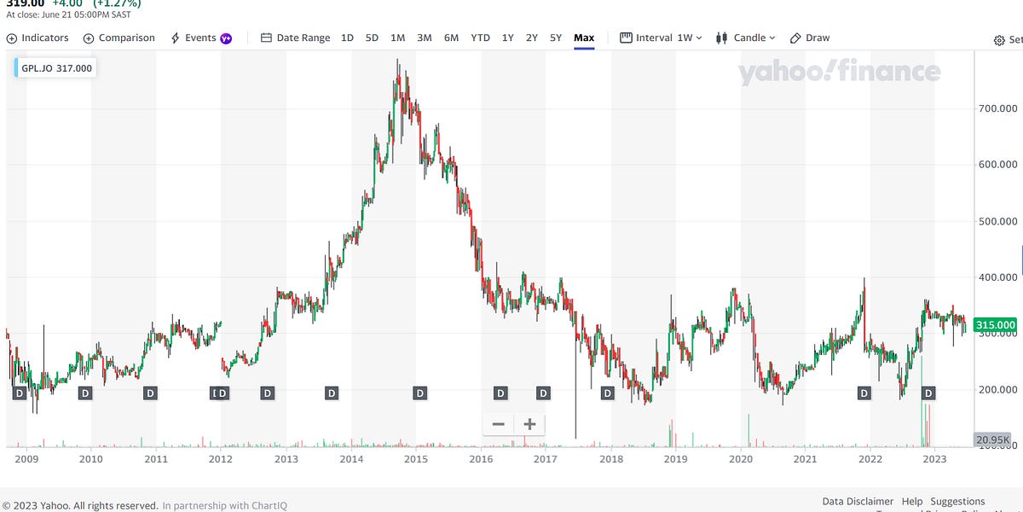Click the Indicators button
click(x=38, y=38)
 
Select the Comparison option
click(x=119, y=38)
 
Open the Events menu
click(x=200, y=38)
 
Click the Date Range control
click(x=295, y=38)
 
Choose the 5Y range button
click(x=556, y=38)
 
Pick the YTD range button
click(x=480, y=38)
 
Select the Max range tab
click(x=584, y=38)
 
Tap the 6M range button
click(x=451, y=38)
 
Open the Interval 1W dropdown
click(x=661, y=38)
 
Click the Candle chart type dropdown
click(x=746, y=38)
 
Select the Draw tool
click(x=810, y=38)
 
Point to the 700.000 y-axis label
click(x=996, y=109)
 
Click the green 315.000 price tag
click(x=995, y=324)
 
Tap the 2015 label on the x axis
click(x=416, y=459)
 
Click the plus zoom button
click(x=529, y=424)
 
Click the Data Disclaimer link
click(x=858, y=501)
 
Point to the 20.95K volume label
click(x=993, y=439)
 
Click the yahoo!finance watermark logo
click(x=839, y=73)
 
